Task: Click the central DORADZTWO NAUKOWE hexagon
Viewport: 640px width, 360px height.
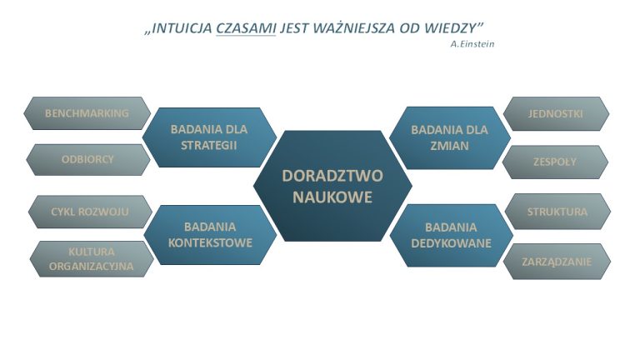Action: coord(332,186)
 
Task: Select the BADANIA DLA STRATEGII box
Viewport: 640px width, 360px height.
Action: coord(209,137)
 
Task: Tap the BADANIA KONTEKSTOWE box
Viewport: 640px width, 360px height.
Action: coord(210,235)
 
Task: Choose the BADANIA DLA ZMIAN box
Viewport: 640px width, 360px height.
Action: coord(450,138)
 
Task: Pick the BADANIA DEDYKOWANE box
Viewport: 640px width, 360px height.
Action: coord(451,236)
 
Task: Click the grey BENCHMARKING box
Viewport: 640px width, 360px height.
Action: coord(87,113)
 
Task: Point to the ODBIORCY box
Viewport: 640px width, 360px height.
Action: coord(87,160)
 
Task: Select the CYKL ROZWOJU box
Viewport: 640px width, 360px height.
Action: coord(90,212)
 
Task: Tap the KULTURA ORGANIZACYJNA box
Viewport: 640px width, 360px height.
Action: coord(92,259)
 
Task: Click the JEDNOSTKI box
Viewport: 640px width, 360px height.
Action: coord(556,114)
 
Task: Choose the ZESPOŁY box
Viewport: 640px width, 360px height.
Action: coord(555,162)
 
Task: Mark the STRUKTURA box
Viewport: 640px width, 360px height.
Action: coord(557,212)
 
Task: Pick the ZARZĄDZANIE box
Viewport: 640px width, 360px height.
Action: coord(557,262)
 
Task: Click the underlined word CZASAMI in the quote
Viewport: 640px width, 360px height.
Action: coord(246,28)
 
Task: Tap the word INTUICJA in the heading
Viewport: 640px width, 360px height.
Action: coord(182,28)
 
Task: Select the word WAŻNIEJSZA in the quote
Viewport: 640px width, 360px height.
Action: coord(355,28)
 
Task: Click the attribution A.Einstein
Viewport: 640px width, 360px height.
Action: coord(472,44)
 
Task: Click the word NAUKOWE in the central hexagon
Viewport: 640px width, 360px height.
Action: coord(332,197)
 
